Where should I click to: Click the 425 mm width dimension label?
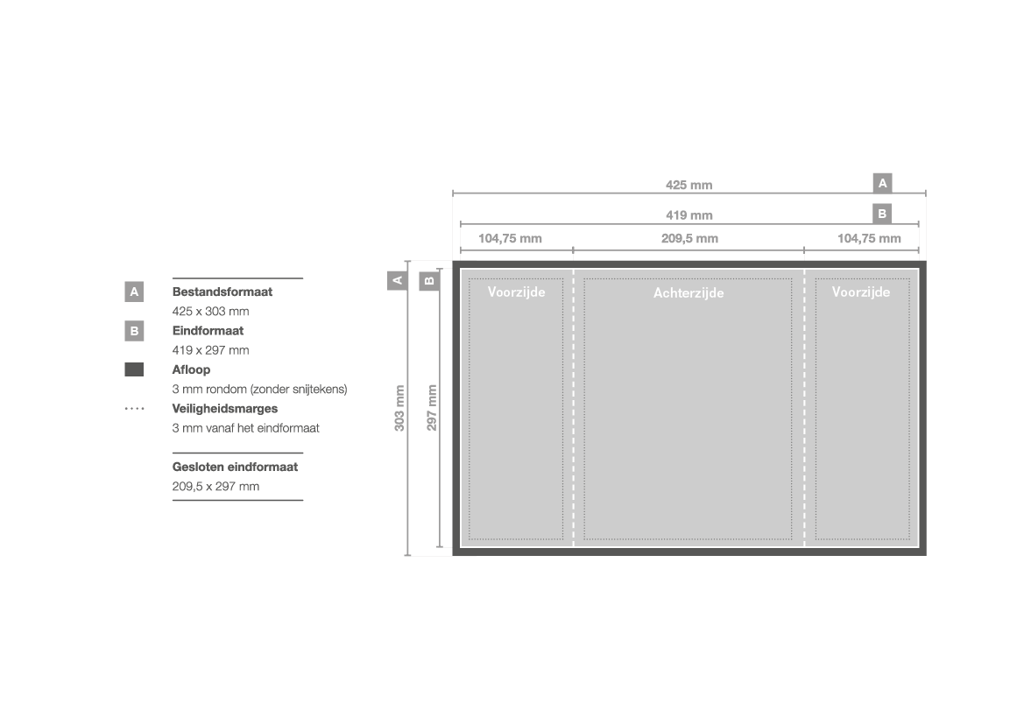[689, 185]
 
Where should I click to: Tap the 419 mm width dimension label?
[689, 214]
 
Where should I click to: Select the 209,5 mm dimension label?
[689, 239]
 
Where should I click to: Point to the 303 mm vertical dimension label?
[399, 408]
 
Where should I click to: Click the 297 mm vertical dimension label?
[432, 407]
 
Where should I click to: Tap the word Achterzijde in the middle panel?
[689, 293]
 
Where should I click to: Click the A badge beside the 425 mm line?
[882, 184]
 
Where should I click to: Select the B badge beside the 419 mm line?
[882, 214]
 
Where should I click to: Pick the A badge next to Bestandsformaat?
[134, 292]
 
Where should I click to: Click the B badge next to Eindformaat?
[134, 331]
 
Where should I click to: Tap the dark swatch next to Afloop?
[134, 369]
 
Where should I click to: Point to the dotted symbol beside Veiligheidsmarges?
[134, 409]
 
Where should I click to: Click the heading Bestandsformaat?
[222, 292]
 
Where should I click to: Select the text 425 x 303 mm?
[210, 312]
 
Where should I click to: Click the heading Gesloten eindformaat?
[235, 467]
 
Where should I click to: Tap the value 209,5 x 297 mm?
[215, 487]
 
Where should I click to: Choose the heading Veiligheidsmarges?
[224, 409]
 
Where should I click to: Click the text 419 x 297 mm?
[210, 350]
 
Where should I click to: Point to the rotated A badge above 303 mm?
[397, 280]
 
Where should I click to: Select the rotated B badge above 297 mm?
[429, 281]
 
